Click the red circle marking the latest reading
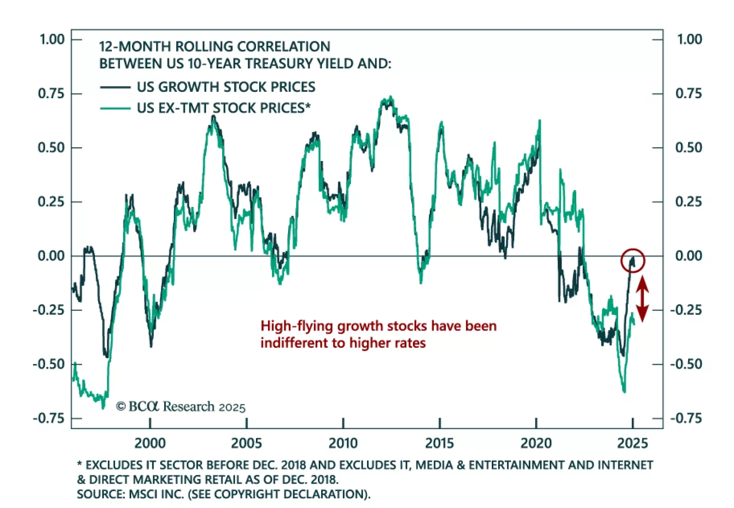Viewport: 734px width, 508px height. pyautogui.click(x=633, y=261)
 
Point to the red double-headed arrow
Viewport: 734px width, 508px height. pyautogui.click(x=642, y=299)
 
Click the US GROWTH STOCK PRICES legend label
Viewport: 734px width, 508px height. pyautogui.click(x=226, y=87)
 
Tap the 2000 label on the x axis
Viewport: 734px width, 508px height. pyautogui.click(x=150, y=443)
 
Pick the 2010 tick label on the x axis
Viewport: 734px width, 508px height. pyautogui.click(x=343, y=443)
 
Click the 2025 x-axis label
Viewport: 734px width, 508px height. pyautogui.click(x=633, y=443)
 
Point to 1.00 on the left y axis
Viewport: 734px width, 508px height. pyautogui.click(x=52, y=39)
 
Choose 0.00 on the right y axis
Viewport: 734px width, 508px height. pyautogui.click(x=688, y=256)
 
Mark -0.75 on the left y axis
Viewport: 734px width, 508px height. pyautogui.click(x=49, y=419)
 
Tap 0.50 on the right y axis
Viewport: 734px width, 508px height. pyautogui.click(x=688, y=148)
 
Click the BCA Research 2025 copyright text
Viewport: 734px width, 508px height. pyautogui.click(x=181, y=407)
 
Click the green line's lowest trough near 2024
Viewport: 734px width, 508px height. pyautogui.click(x=624, y=391)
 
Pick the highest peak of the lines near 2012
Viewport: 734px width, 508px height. pyautogui.click(x=390, y=97)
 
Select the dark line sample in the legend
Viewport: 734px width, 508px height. pyautogui.click(x=115, y=87)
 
